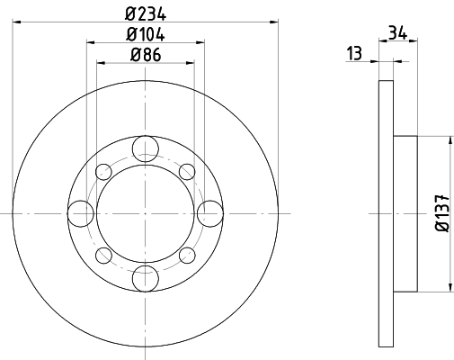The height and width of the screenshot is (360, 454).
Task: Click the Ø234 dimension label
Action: point(146,14)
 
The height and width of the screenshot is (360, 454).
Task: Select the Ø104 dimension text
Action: point(146,34)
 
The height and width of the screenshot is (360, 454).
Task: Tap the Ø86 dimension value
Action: point(146,55)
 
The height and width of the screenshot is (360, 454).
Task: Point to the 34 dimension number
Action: point(397,32)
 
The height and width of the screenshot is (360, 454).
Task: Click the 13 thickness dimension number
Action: point(354,53)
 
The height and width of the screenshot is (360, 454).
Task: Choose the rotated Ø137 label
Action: point(442,213)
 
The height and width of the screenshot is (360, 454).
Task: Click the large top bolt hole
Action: point(146,148)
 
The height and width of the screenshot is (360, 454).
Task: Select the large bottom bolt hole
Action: point(146,278)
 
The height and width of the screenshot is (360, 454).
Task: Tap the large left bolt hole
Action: point(81,213)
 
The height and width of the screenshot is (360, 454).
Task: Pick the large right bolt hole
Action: point(210,213)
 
